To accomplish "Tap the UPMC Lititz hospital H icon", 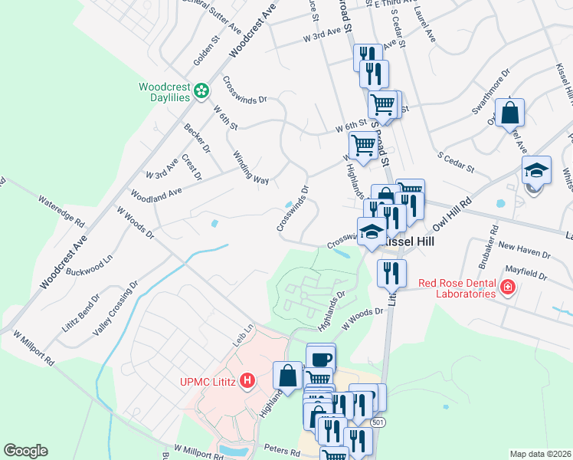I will [x=247, y=380].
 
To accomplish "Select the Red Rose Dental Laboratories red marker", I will [x=507, y=287].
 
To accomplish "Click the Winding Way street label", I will [x=250, y=167].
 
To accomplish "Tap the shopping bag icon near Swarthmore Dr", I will [x=509, y=114].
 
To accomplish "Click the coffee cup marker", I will [x=321, y=358].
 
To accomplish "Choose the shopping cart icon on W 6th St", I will [x=363, y=144].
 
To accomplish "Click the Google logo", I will [x=25, y=451].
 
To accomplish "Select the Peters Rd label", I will [x=284, y=452].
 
